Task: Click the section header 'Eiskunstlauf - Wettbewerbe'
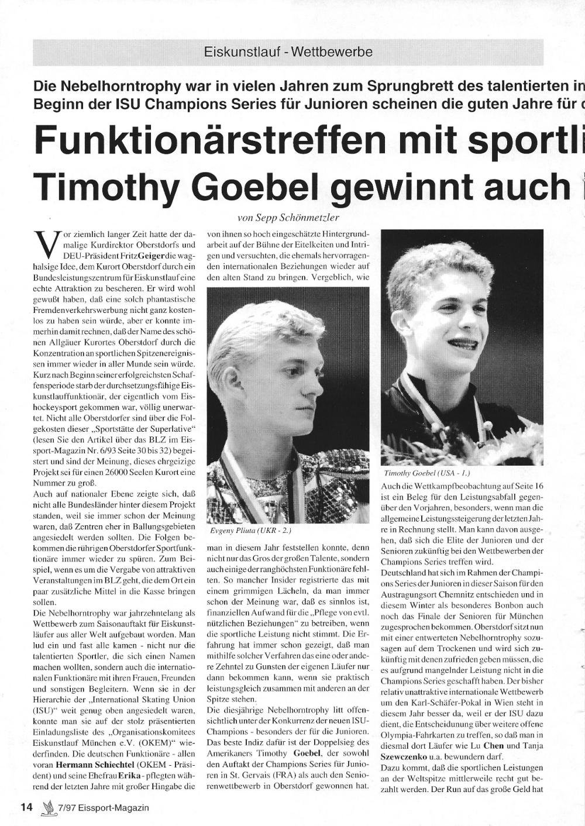click(288, 52)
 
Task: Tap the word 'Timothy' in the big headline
click(107, 186)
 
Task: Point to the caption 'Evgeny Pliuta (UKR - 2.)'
click(250, 531)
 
